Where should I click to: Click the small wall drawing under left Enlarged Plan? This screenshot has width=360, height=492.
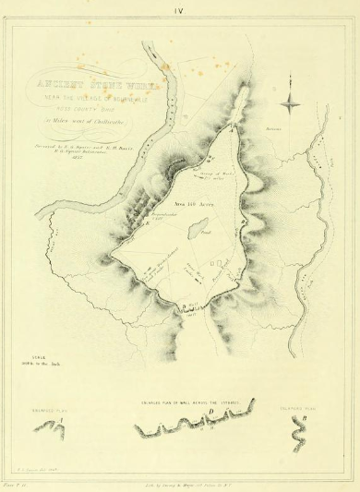coord(57,426)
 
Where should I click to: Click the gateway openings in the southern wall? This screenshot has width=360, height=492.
coord(188,306)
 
